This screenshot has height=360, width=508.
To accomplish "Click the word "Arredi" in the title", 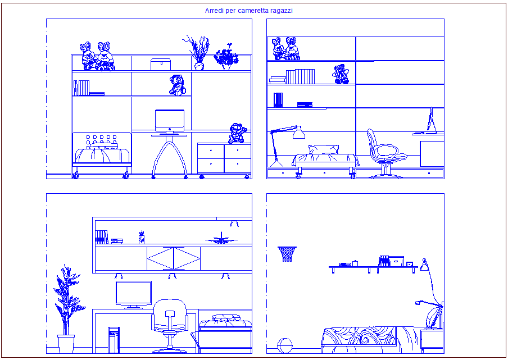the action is click(x=214, y=11).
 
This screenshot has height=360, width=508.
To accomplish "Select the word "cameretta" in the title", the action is click(x=253, y=11).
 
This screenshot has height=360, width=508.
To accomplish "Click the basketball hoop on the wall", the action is click(x=287, y=254).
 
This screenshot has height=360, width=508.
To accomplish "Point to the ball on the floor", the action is click(x=284, y=345).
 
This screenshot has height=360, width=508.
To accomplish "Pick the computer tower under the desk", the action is click(x=114, y=339).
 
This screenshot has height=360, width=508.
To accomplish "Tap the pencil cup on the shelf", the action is click(x=142, y=238).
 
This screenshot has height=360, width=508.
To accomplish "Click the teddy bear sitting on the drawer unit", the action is click(x=237, y=134).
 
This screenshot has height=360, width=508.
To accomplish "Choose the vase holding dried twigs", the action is click(x=198, y=53).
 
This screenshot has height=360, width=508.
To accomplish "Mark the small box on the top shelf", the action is click(x=160, y=63).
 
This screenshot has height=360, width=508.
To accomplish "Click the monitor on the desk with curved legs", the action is click(x=170, y=121).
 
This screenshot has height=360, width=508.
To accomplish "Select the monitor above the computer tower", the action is click(x=133, y=294).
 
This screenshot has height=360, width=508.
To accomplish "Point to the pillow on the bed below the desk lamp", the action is click(x=324, y=149).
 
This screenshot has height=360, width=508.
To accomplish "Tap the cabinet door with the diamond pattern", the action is click(x=173, y=259).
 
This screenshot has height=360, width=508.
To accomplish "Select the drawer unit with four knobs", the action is click(x=224, y=158).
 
